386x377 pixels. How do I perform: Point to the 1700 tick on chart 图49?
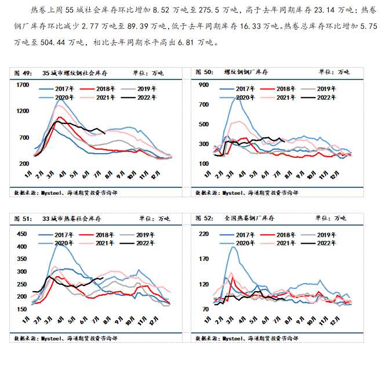click(x=23, y=85)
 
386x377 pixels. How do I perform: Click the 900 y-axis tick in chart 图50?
click(x=203, y=85)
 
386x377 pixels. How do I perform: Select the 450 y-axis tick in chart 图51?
click(x=23, y=234)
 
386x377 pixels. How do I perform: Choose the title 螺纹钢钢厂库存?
click(x=247, y=72)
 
